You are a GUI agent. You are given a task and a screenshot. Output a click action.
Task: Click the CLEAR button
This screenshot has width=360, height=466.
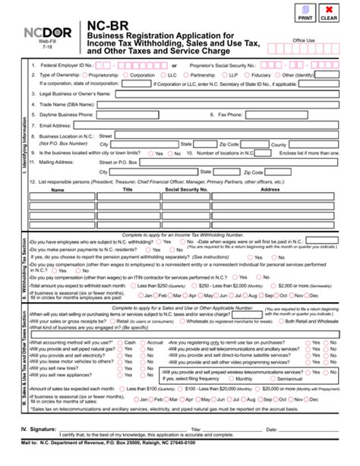coord(329,13)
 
